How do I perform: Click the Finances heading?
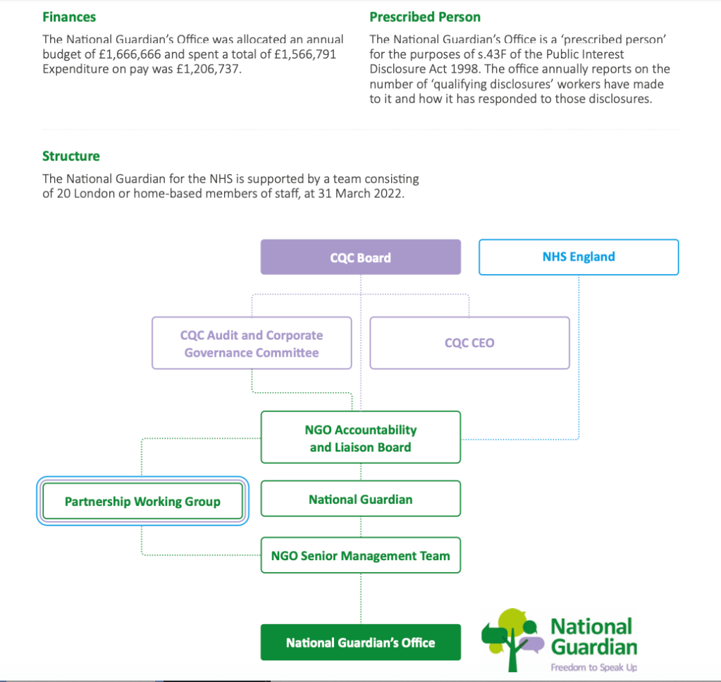(69, 17)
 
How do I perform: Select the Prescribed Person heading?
(425, 17)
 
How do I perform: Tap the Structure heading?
(71, 156)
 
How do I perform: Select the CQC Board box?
(360, 257)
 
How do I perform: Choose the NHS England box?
(579, 257)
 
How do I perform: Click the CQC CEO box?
(469, 343)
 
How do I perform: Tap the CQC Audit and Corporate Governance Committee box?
(252, 344)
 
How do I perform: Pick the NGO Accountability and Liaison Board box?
(360, 438)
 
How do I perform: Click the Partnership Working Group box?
(142, 502)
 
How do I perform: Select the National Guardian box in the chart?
(360, 500)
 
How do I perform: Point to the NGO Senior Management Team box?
(360, 556)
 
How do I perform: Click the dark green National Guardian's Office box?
(360, 643)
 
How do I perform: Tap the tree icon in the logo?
(512, 634)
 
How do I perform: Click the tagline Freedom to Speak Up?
(593, 667)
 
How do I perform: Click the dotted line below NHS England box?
(579, 352)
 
